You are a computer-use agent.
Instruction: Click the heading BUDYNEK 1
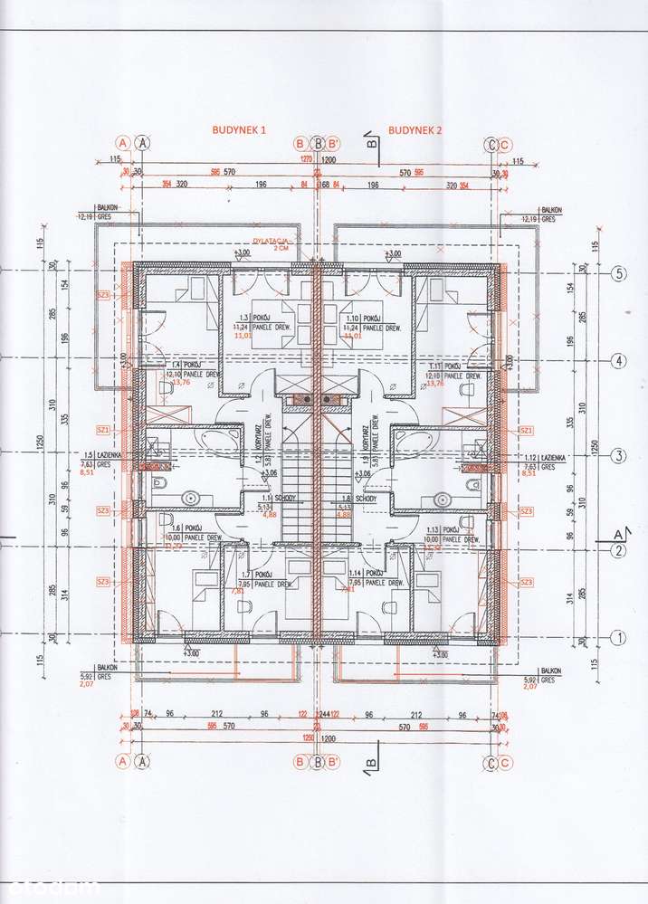[240, 130]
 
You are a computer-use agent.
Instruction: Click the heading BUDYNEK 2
[415, 130]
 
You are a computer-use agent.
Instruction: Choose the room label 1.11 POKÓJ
[443, 365]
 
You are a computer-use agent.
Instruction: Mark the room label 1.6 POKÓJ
[170, 528]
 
